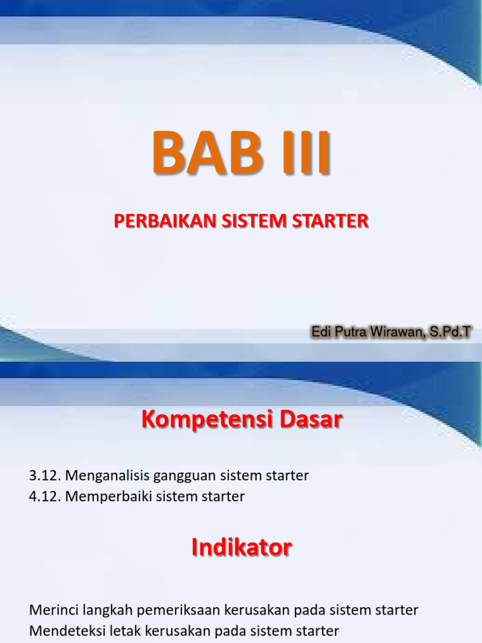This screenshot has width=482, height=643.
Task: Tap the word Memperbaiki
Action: [105, 497]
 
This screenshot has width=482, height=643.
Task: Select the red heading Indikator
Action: [242, 548]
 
